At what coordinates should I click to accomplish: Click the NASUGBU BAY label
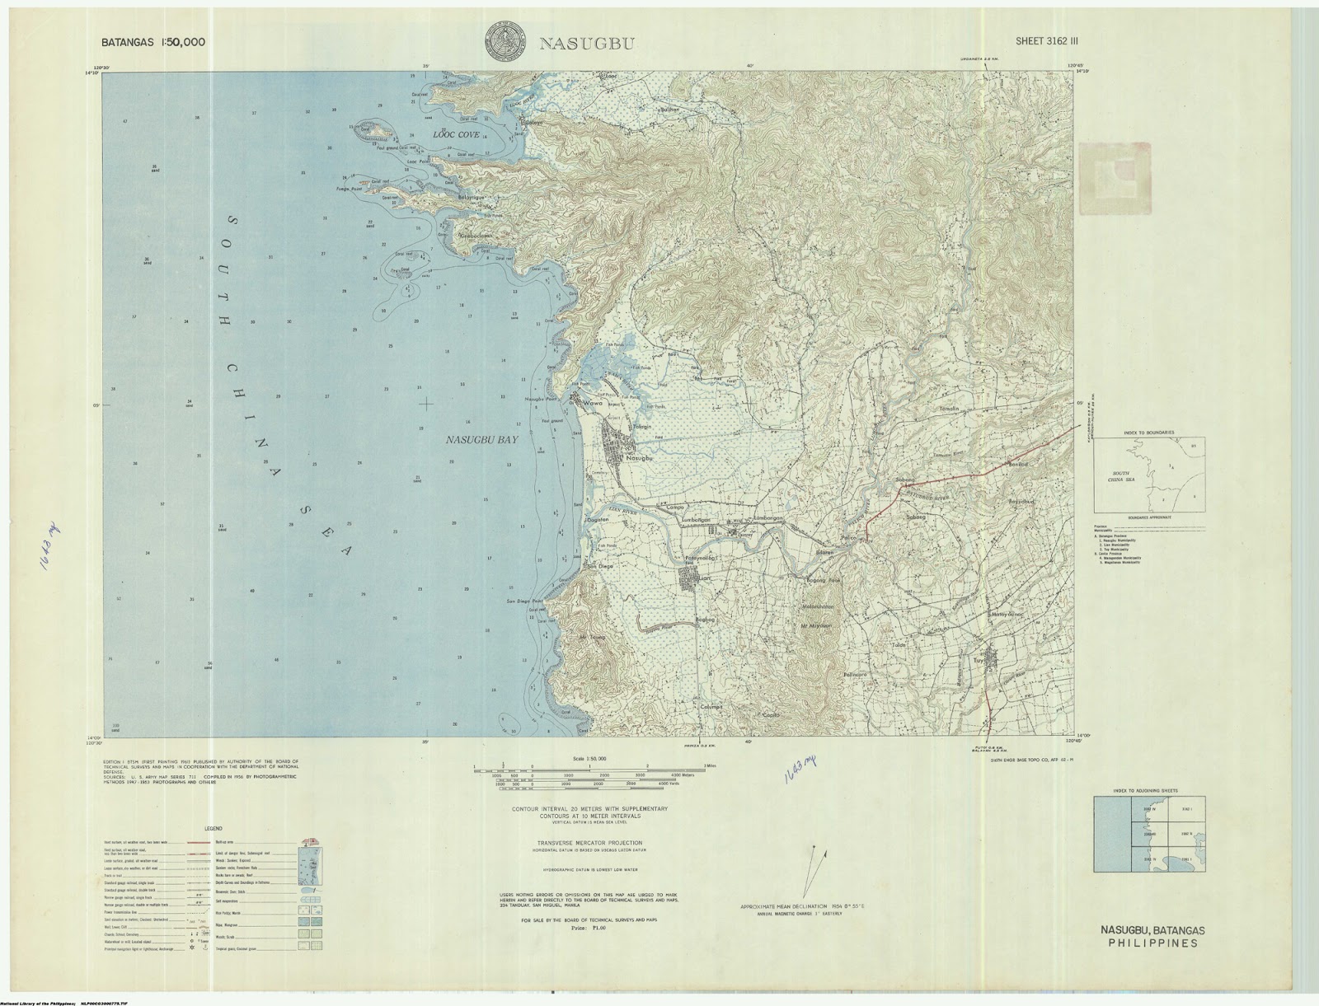[x=481, y=441]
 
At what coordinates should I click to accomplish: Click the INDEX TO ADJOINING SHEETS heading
[x=1147, y=790]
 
